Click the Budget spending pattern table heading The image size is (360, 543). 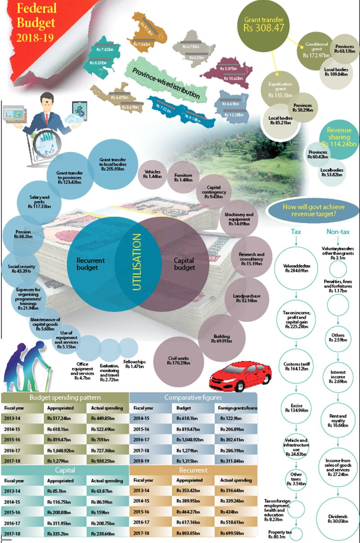point(65,398)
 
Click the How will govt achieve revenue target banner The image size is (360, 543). point(313,210)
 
